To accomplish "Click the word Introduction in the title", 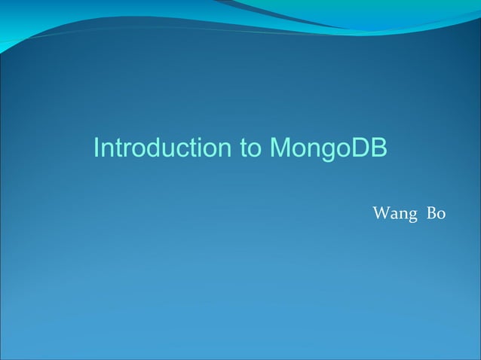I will pyautogui.click(x=162, y=148).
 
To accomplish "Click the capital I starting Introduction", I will pyautogui.click(x=97, y=148).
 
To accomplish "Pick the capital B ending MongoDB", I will pyautogui.click(x=378, y=148).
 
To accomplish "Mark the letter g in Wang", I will pyautogui.click(x=413, y=216).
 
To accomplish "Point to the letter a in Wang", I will pyautogui.click(x=395, y=215).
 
